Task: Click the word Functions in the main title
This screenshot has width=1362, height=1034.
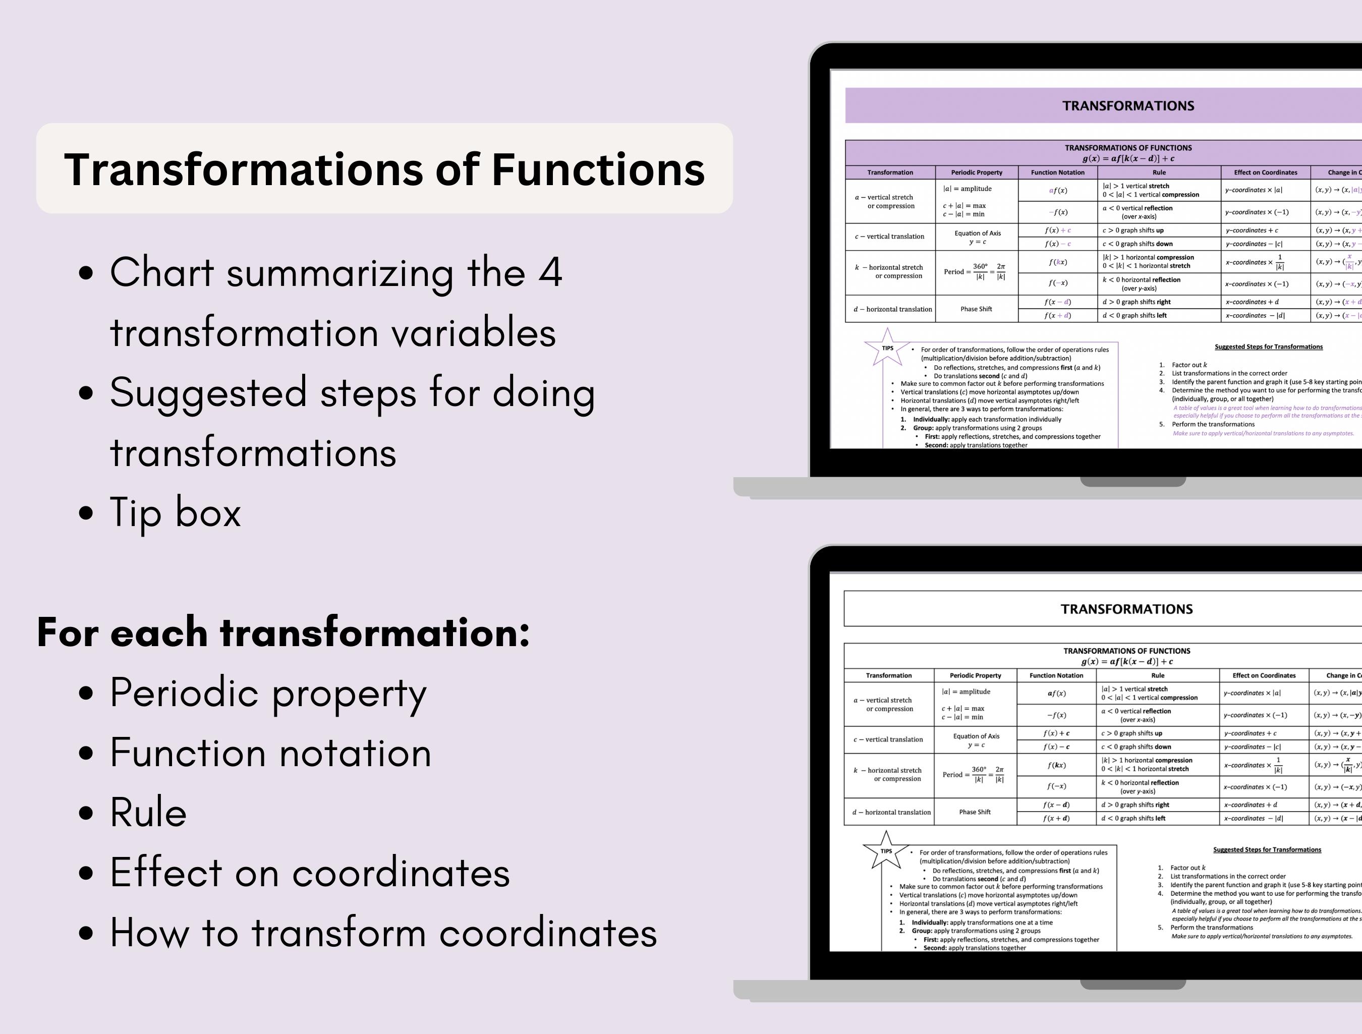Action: point(597,169)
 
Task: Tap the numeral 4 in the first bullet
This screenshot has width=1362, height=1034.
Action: point(550,272)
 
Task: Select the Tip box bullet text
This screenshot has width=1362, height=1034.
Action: point(176,512)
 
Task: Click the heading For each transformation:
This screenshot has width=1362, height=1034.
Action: point(283,632)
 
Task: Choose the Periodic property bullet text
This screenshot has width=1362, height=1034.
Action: point(268,693)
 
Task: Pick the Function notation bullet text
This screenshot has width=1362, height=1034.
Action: point(270,753)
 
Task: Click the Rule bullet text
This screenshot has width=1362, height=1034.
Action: point(148,812)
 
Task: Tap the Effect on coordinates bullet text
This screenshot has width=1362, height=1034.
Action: point(310,872)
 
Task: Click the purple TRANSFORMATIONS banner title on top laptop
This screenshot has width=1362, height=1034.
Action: point(1128,106)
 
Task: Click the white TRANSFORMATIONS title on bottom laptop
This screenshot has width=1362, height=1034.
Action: point(1126,609)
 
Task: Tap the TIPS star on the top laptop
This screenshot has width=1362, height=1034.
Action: point(887,348)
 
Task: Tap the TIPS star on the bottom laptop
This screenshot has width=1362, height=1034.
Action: point(886,850)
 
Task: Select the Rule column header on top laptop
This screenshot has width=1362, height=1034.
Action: point(1159,173)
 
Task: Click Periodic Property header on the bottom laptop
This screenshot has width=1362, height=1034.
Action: point(975,675)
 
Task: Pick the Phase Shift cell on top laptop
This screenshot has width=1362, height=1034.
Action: point(976,309)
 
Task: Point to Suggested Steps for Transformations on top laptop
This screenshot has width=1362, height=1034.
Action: point(1268,347)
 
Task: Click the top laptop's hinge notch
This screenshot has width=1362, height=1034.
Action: point(1133,482)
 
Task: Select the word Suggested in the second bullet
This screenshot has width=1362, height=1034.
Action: point(208,392)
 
